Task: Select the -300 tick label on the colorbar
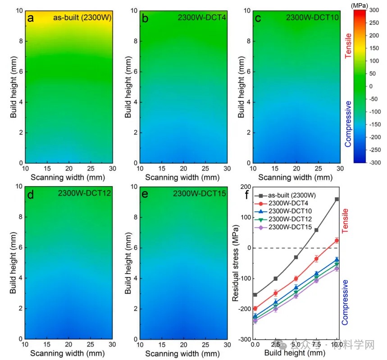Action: pyautogui.click(x=373, y=163)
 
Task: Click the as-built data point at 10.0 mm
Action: pyautogui.click(x=337, y=199)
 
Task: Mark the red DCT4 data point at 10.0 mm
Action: pyautogui.click(x=337, y=241)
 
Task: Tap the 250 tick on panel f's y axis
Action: pyautogui.click(x=244, y=187)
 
